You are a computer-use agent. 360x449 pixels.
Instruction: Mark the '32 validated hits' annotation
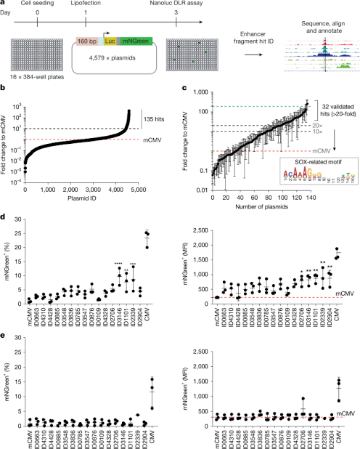click(330, 103)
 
